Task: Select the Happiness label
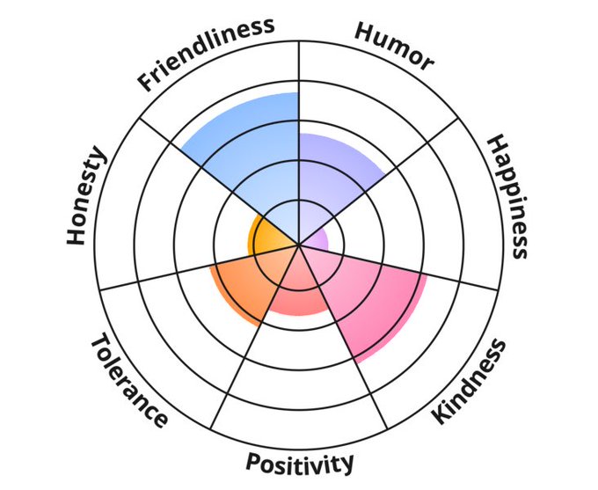click(508, 195)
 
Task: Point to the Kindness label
click(470, 380)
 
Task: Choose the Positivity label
click(300, 463)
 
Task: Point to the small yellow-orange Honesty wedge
click(268, 236)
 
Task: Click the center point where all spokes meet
click(299, 245)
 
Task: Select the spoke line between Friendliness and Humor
click(299, 88)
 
